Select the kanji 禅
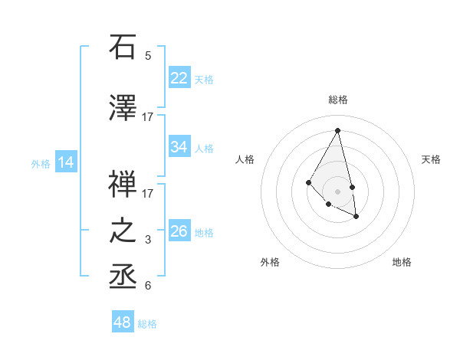(123, 184)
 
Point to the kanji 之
(123, 232)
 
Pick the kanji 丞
(123, 277)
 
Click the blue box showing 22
(179, 78)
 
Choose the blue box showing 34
(179, 147)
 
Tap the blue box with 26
(179, 232)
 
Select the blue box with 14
(66, 162)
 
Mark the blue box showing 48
(123, 322)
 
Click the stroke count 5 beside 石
(148, 56)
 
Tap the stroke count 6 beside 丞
(148, 286)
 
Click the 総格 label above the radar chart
(337, 100)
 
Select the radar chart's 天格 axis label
(431, 159)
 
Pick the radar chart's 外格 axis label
(270, 262)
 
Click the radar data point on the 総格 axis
(337, 130)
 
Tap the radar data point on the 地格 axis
(356, 217)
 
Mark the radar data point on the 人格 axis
(308, 182)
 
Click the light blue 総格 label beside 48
(147, 324)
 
